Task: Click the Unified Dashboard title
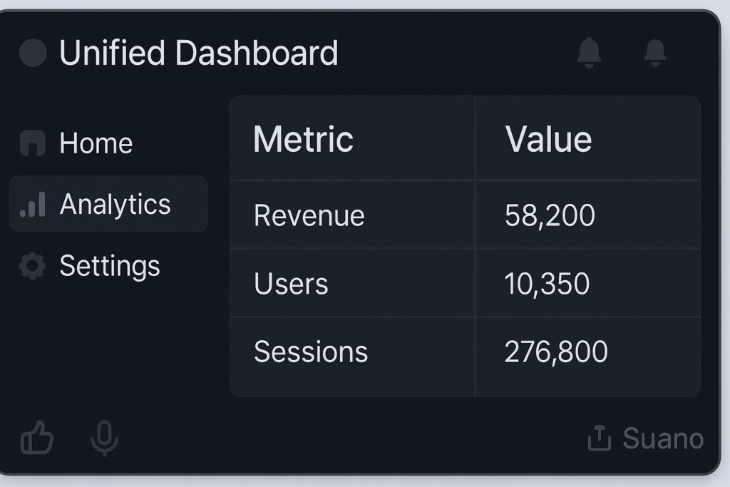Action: pyautogui.click(x=198, y=53)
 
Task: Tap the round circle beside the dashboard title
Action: pyautogui.click(x=33, y=53)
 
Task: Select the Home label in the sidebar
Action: pyautogui.click(x=96, y=143)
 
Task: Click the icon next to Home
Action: pyautogui.click(x=33, y=143)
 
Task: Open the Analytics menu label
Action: pyautogui.click(x=115, y=205)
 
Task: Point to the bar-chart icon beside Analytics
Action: pyautogui.click(x=33, y=205)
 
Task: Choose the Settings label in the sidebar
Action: pyautogui.click(x=109, y=266)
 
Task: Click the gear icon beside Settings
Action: pyautogui.click(x=32, y=266)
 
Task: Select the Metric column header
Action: pyautogui.click(x=303, y=139)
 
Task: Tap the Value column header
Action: pyautogui.click(x=548, y=139)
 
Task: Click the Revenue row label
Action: pyautogui.click(x=309, y=215)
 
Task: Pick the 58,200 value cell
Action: pyautogui.click(x=549, y=215)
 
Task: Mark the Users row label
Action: pyautogui.click(x=291, y=284)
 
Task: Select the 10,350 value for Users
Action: pyautogui.click(x=547, y=284)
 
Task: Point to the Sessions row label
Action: pyautogui.click(x=311, y=352)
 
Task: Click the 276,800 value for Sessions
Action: pyautogui.click(x=556, y=352)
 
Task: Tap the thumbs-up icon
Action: pyautogui.click(x=36, y=437)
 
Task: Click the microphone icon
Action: pyautogui.click(x=104, y=438)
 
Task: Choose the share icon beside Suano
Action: pyautogui.click(x=599, y=438)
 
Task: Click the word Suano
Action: pyautogui.click(x=663, y=439)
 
